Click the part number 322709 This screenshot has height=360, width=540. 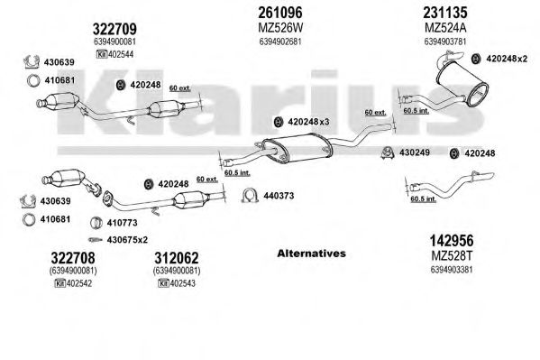114,29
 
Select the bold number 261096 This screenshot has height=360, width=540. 280,13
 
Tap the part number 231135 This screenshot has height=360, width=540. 445,13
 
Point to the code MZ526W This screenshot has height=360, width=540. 280,28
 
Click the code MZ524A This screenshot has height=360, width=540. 445,28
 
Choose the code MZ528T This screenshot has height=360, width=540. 452,256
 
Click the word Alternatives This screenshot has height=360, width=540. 311,254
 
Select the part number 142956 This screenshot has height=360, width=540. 452,240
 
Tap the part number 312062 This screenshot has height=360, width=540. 177,258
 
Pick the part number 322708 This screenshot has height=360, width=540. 73,258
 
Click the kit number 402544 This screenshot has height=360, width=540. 121,54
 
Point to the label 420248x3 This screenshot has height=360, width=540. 308,122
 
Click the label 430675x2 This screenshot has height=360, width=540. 127,240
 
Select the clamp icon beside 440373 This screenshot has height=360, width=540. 250,195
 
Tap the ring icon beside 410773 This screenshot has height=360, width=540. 96,223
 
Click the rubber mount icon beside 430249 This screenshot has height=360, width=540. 388,153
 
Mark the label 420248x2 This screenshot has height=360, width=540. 507,59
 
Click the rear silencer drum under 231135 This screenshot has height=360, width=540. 462,85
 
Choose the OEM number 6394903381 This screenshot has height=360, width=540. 452,269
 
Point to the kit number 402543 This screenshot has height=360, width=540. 182,283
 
